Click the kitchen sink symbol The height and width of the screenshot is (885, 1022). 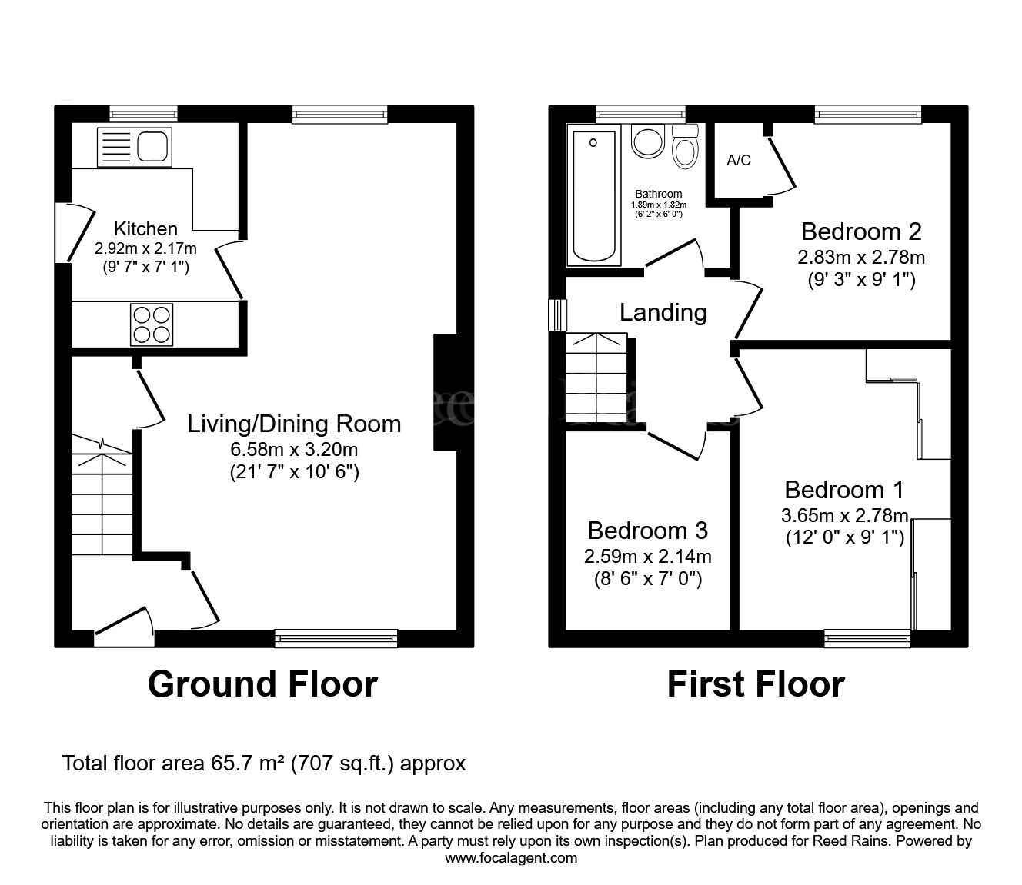tap(134, 146)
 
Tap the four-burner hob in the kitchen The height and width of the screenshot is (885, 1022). tap(152, 324)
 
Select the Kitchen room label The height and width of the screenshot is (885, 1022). tap(145, 228)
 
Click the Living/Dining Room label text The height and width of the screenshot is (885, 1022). tap(294, 424)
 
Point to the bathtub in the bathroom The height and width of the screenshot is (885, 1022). tap(593, 197)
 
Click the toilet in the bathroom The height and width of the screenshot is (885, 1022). tap(684, 147)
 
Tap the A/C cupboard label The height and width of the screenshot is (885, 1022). tap(739, 161)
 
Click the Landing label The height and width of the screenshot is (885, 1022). tap(663, 312)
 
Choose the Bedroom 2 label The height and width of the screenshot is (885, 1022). tap(860, 231)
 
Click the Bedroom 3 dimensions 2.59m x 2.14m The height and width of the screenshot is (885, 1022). tap(647, 556)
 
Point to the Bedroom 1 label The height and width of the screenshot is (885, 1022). tap(843, 489)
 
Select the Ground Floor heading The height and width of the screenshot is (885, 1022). tap(262, 684)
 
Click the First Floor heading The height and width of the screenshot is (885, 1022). tap(755, 684)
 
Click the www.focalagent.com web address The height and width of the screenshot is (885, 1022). tap(511, 858)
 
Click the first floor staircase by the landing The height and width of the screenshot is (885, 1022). tap(596, 377)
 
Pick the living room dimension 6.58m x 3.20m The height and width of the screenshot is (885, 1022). tap(294, 449)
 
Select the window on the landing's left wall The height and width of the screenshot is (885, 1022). tap(557, 314)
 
